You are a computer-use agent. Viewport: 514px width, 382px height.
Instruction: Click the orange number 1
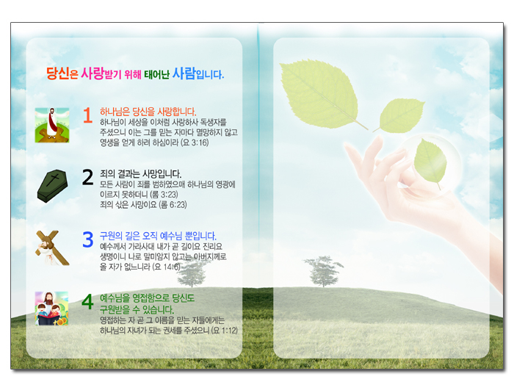click(87, 115)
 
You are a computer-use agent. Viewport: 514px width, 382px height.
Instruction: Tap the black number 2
click(87, 177)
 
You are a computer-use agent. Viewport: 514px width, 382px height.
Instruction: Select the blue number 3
click(88, 239)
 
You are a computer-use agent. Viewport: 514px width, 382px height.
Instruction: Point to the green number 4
click(87, 302)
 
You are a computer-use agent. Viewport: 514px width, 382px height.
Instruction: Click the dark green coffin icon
click(52, 186)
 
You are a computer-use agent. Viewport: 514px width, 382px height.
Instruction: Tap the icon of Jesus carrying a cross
click(52, 248)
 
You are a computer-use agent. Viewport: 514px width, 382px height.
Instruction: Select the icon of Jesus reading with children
click(52, 309)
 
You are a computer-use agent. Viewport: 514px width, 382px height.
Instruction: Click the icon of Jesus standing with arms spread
click(52, 125)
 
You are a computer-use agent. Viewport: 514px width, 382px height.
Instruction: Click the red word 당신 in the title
click(58, 73)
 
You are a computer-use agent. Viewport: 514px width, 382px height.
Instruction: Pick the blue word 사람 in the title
click(184, 73)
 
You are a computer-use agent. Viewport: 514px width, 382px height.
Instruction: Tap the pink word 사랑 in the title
click(93, 73)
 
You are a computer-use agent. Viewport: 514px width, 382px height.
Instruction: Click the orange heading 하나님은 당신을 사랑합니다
click(148, 112)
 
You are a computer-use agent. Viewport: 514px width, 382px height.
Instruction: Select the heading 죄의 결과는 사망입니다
click(141, 174)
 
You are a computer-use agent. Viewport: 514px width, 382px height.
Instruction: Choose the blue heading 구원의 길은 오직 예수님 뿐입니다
click(158, 236)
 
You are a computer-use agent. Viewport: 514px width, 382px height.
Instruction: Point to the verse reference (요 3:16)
click(195, 143)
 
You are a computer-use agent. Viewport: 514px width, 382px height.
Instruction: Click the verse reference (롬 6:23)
click(173, 205)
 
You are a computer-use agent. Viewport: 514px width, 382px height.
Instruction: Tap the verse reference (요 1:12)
click(225, 330)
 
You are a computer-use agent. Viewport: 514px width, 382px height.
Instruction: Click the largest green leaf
click(319, 93)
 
